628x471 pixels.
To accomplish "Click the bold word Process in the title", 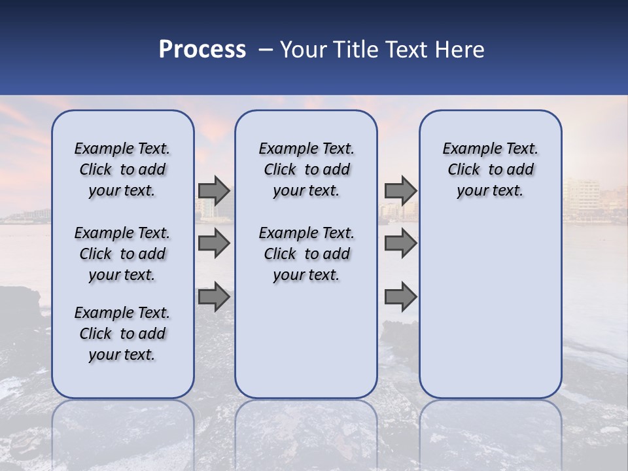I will pos(202,50).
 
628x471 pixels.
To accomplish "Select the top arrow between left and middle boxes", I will pos(214,190).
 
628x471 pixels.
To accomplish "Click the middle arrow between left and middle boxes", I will pos(214,243).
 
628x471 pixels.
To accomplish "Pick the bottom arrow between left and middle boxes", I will pos(214,297).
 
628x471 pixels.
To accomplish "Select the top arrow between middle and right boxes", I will pos(400,190).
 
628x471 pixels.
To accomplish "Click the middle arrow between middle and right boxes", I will pos(400,243).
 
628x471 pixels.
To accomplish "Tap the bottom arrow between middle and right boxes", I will pos(400,297).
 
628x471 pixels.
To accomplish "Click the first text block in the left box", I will pos(122,169).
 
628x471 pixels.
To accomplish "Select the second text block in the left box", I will pos(122,254).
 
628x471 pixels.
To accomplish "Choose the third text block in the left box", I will pos(122,334).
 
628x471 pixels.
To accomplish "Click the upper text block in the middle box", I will pos(306,169).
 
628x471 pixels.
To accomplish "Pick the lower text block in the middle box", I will pos(306,254).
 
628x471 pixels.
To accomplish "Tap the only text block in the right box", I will pos(490,169).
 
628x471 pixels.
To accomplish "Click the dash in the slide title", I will pos(265,50).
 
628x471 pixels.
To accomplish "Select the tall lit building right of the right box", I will pos(581,196).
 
